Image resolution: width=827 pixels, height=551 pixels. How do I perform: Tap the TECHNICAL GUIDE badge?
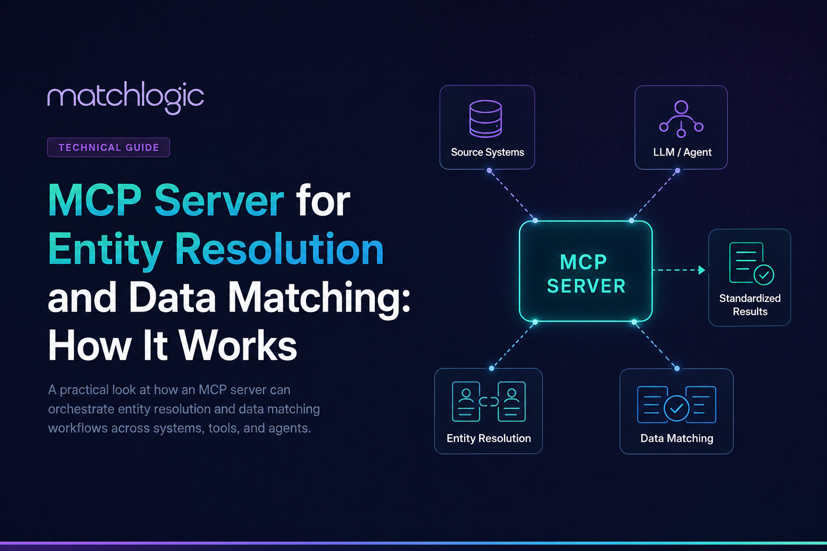(109, 147)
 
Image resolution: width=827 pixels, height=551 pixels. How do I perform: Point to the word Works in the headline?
(238, 345)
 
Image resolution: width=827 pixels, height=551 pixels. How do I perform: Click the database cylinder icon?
(486, 118)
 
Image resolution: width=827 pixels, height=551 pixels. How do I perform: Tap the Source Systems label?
(487, 152)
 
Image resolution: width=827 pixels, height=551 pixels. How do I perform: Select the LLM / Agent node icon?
(681, 119)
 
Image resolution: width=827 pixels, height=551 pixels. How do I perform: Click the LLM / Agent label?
(682, 152)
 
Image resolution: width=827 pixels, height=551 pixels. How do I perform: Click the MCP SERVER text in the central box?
(586, 274)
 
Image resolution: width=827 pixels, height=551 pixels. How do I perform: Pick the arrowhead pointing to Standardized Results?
(702, 270)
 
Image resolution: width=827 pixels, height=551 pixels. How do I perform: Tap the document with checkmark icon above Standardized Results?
(752, 264)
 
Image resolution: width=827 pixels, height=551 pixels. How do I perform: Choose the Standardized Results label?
(750, 305)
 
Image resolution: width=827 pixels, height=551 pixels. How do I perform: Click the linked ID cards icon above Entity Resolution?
(488, 401)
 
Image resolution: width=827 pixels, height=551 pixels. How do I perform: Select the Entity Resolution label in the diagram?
(488, 438)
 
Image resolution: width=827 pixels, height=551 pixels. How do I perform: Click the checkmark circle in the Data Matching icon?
(676, 408)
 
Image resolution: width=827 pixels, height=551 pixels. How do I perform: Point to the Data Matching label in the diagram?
(676, 438)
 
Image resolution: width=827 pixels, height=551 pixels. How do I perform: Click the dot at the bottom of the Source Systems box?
(489, 171)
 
